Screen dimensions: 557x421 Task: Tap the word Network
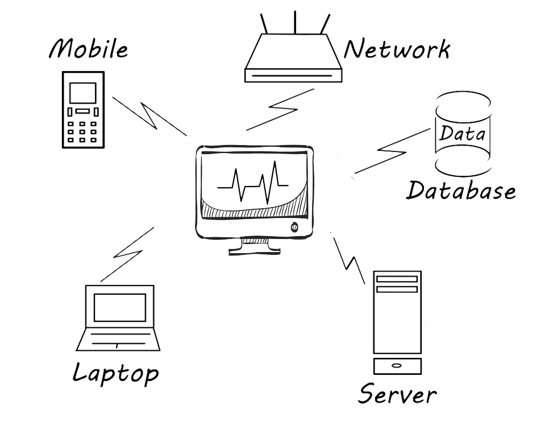click(x=397, y=49)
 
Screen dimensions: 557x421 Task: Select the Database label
click(x=461, y=190)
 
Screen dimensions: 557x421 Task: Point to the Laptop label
click(x=116, y=373)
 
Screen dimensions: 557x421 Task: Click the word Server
click(x=397, y=394)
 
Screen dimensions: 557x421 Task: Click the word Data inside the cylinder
click(x=462, y=133)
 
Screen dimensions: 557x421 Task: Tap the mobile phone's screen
click(x=83, y=93)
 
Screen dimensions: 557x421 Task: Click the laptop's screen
click(x=120, y=307)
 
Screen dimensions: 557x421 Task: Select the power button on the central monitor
click(x=294, y=227)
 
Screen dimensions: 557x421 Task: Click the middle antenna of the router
click(x=295, y=22)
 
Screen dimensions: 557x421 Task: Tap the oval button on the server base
click(x=397, y=365)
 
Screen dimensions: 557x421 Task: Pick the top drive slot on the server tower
click(x=397, y=279)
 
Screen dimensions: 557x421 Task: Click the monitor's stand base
click(x=255, y=251)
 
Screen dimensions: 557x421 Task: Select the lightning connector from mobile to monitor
click(x=149, y=116)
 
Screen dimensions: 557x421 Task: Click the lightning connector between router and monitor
click(x=280, y=109)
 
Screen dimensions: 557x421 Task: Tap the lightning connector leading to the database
click(x=392, y=151)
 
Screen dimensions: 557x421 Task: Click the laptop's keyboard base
click(x=118, y=339)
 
